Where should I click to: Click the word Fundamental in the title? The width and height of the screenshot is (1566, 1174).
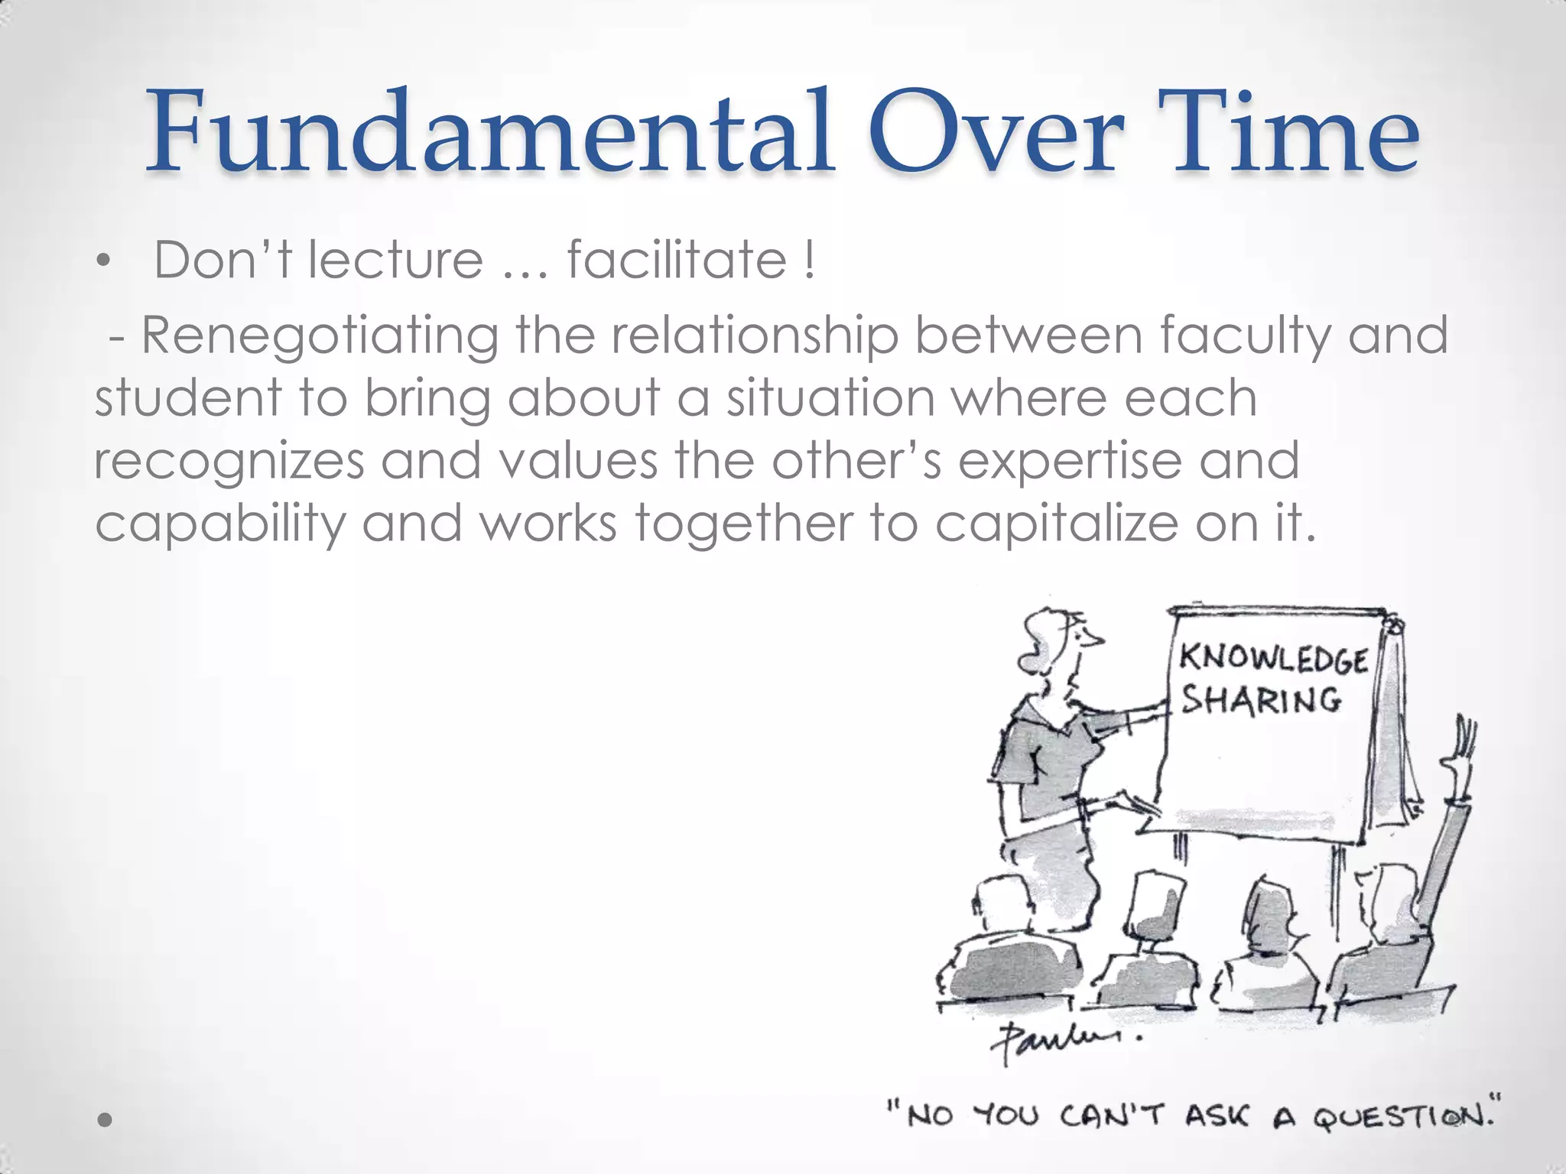click(489, 131)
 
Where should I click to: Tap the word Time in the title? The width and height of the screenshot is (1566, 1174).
click(1292, 131)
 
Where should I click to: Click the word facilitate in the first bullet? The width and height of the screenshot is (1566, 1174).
click(676, 260)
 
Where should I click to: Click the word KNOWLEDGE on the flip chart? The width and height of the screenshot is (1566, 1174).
click(1273, 660)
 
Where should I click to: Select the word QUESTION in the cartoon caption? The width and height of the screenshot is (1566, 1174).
click(1402, 1117)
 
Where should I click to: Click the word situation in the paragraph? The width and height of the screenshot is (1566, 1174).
click(830, 399)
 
